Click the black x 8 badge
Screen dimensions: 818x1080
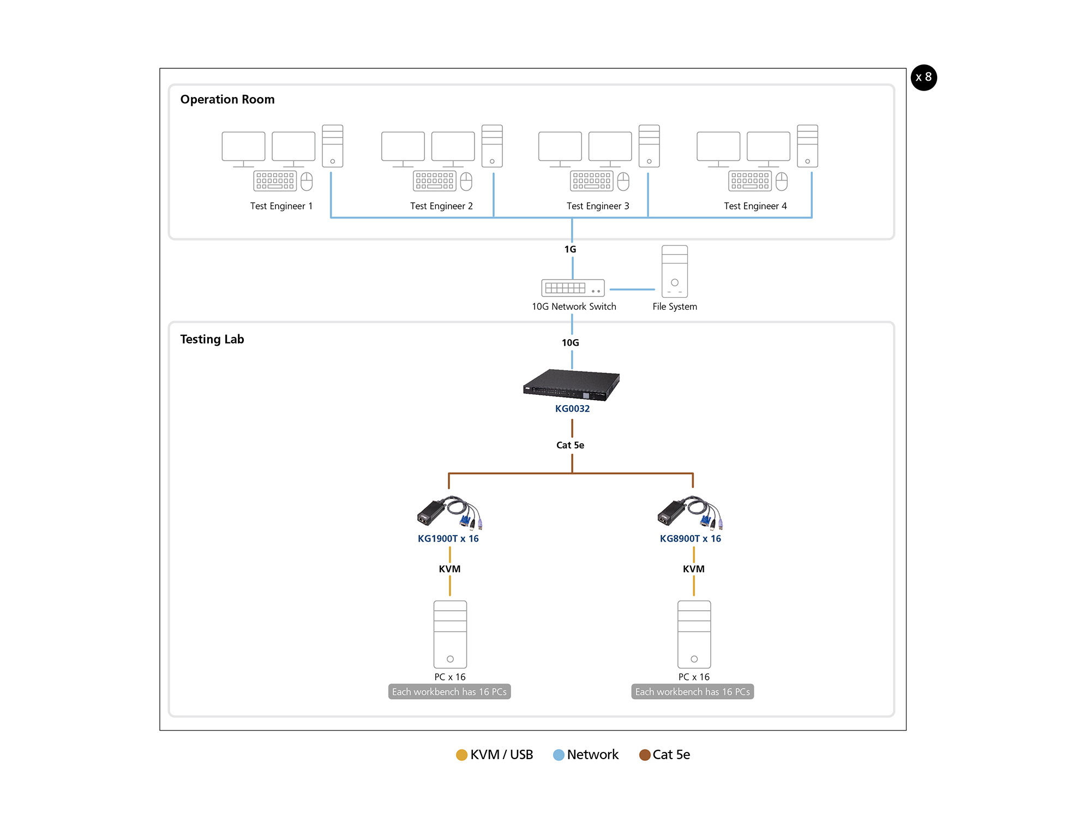pyautogui.click(x=923, y=77)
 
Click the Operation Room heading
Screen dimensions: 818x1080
pyautogui.click(x=227, y=99)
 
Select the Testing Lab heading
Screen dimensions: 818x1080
pyautogui.click(x=212, y=339)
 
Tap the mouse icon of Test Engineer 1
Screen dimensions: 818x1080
pyautogui.click(x=307, y=182)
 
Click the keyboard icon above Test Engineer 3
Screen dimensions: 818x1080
pyautogui.click(x=591, y=181)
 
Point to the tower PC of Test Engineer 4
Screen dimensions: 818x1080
pyautogui.click(x=807, y=146)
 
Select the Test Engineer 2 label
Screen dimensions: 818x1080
pyautogui.click(x=441, y=206)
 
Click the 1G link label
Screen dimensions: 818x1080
pyautogui.click(x=570, y=249)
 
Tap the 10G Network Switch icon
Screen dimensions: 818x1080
pyautogui.click(x=573, y=287)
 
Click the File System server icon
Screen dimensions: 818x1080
pyautogui.click(x=675, y=271)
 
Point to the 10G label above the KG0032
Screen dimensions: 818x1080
pyautogui.click(x=570, y=342)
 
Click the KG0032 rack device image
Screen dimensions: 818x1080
pyautogui.click(x=571, y=384)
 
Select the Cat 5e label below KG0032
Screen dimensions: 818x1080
pyautogui.click(x=570, y=445)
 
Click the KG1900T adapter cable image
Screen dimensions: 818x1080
pyautogui.click(x=449, y=513)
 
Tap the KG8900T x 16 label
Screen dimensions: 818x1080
pyautogui.click(x=690, y=539)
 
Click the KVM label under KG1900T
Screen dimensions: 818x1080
pyautogui.click(x=449, y=569)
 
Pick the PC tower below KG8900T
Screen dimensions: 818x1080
pyautogui.click(x=694, y=634)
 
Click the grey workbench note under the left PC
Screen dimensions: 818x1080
pyautogui.click(x=449, y=691)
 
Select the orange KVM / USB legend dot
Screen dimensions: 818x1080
pyautogui.click(x=461, y=755)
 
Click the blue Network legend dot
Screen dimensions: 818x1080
pyautogui.click(x=559, y=755)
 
